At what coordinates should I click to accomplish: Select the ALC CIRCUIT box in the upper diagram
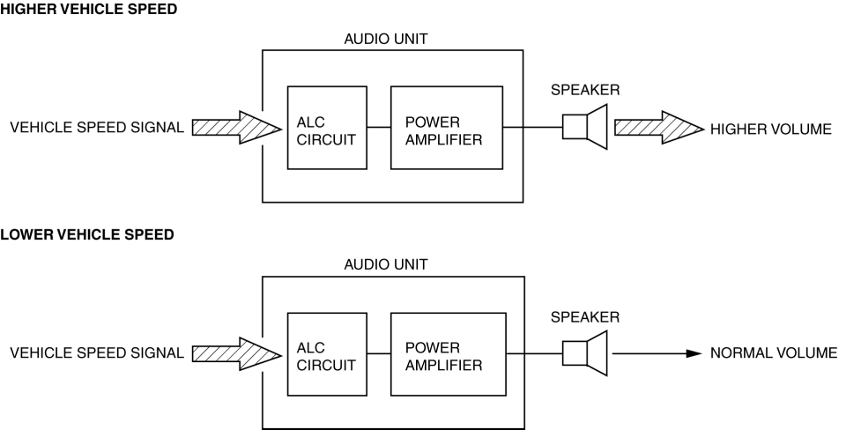pos(327,128)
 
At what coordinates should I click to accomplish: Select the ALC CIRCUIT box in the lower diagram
pos(327,354)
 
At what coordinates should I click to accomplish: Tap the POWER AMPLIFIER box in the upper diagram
pos(447,128)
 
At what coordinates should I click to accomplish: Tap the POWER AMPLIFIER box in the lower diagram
pos(449,354)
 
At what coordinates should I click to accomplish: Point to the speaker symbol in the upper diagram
pos(583,128)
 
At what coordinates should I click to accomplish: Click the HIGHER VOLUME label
pos(770,129)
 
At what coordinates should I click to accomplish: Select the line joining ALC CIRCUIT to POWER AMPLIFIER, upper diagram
pos(379,128)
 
